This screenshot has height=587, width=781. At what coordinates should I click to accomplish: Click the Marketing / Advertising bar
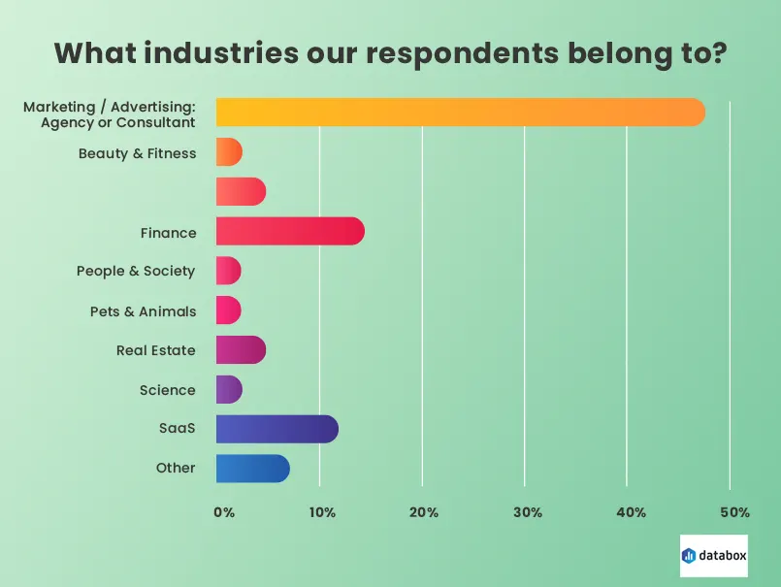click(x=460, y=113)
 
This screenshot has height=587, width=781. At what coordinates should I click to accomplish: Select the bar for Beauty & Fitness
click(x=228, y=152)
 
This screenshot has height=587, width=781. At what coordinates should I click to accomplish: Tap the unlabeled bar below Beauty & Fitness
click(x=240, y=192)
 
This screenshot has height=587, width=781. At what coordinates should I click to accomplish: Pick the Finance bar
click(x=289, y=231)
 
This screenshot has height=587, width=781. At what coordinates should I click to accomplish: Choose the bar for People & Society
click(x=228, y=271)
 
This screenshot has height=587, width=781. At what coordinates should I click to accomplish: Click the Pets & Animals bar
click(x=228, y=310)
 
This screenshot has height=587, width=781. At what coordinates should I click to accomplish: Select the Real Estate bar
click(x=240, y=349)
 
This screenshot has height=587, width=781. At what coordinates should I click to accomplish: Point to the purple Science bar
click(x=228, y=389)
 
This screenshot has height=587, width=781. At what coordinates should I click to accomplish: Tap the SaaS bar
click(x=277, y=429)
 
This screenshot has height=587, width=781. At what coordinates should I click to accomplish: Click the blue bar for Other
click(x=252, y=469)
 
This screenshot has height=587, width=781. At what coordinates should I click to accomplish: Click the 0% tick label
click(x=223, y=512)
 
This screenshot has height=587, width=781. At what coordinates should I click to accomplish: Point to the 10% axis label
click(x=322, y=512)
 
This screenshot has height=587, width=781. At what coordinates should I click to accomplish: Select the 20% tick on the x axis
click(x=424, y=512)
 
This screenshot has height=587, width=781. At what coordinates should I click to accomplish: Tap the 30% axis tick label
click(x=527, y=512)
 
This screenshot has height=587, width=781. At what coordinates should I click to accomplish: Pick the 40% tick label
click(x=630, y=512)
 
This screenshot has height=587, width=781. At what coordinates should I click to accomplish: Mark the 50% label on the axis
click(x=733, y=512)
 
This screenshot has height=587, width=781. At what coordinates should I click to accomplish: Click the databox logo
click(x=714, y=556)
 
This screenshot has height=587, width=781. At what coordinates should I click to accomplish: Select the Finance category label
click(x=168, y=233)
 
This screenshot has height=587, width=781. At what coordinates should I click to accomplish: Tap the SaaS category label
click(x=177, y=429)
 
